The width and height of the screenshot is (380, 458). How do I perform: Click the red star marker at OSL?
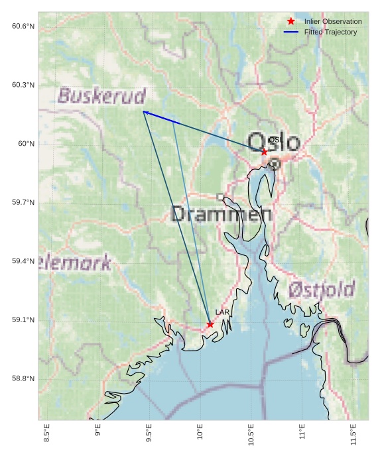point(264,152)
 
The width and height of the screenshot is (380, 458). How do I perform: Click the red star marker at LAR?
point(210,324)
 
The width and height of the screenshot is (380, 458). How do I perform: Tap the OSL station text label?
point(275,140)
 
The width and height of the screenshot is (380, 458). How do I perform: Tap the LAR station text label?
point(222,312)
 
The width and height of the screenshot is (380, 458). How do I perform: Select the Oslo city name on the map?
point(274,142)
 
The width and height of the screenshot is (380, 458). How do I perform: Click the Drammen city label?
point(221,214)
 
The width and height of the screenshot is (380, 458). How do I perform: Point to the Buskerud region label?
point(101,95)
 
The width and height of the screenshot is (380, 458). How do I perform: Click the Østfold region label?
point(322,289)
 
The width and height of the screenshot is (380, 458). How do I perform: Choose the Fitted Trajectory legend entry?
point(330,32)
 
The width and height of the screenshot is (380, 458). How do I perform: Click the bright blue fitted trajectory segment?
point(161,117)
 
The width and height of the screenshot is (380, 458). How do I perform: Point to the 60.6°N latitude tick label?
point(23,26)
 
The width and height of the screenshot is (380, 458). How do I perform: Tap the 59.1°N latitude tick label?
point(23,320)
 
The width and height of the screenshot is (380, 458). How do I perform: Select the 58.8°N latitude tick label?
point(23,379)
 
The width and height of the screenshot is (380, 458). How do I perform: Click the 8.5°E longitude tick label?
point(46,432)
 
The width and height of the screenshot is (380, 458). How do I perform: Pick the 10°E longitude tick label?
point(200,432)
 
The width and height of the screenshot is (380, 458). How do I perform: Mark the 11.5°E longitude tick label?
point(353,432)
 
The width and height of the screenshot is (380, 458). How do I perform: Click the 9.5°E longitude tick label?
point(149,432)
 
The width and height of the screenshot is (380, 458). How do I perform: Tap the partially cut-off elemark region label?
point(75,263)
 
